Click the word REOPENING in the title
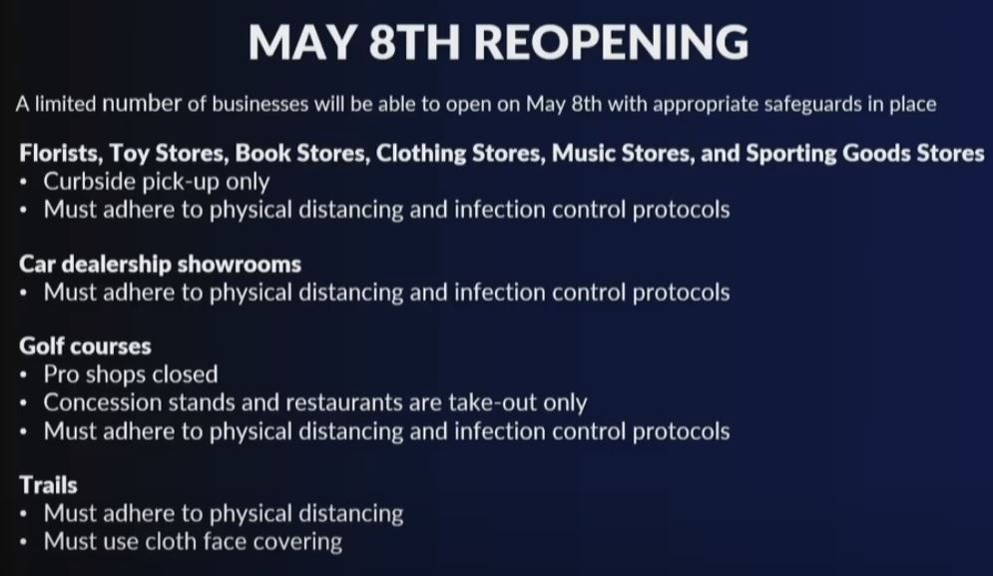coord(611,42)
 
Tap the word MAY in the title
coord(301,42)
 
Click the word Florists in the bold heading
coord(60,154)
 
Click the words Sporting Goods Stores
coord(865,154)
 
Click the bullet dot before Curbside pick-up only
coord(23,183)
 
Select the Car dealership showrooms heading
coord(161,265)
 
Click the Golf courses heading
coord(85,346)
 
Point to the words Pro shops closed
coord(131,374)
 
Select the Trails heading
coord(48,485)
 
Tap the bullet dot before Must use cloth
coord(23,542)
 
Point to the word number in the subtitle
coord(142,103)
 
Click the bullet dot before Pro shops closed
coord(23,375)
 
